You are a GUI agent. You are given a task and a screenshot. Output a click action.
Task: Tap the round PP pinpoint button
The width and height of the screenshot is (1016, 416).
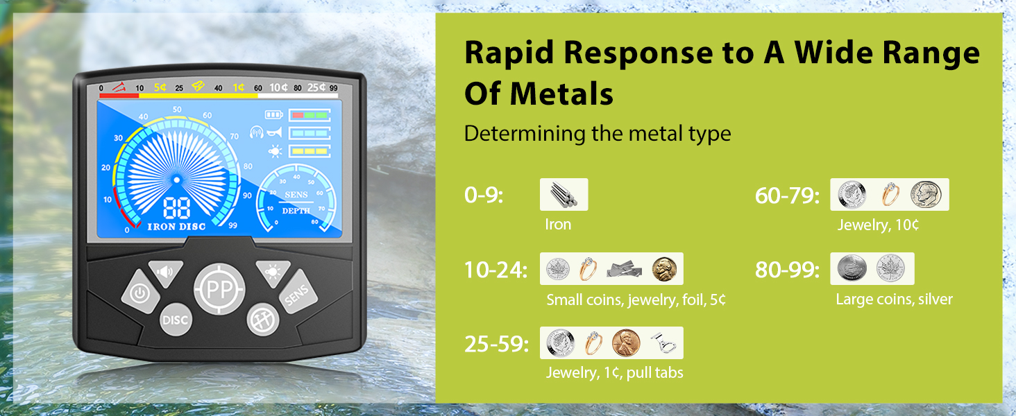(x=219, y=289)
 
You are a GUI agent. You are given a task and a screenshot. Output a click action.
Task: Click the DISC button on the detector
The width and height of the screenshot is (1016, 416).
(x=176, y=320)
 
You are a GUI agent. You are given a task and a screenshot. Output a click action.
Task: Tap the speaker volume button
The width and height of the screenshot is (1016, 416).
(x=166, y=272)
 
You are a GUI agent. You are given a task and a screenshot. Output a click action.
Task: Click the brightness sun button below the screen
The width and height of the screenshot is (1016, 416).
(x=273, y=272)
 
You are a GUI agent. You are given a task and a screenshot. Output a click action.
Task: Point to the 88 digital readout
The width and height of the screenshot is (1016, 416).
(x=177, y=209)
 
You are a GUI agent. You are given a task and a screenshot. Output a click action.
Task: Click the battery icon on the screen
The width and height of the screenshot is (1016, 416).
(x=274, y=114)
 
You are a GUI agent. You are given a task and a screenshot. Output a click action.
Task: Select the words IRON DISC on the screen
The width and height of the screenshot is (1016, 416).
(x=176, y=227)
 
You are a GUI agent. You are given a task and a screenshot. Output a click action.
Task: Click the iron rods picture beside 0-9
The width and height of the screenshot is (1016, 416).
(x=564, y=194)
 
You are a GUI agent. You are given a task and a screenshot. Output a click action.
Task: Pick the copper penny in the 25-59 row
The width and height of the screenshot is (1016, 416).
(x=626, y=343)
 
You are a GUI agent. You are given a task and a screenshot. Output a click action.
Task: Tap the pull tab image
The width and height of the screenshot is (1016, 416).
(x=663, y=343)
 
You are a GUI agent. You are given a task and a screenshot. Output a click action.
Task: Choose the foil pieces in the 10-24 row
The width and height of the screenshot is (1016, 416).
(x=624, y=269)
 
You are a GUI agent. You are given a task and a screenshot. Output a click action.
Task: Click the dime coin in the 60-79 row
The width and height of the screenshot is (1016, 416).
(x=926, y=195)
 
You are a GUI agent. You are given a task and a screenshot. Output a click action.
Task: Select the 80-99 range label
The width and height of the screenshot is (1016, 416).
(x=787, y=270)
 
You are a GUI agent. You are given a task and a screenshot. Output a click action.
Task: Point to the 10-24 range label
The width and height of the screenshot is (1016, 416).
(x=496, y=270)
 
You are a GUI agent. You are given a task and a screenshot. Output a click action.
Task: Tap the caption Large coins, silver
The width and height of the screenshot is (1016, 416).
(x=894, y=299)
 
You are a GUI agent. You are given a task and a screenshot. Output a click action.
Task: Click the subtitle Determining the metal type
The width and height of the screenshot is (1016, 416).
(x=598, y=134)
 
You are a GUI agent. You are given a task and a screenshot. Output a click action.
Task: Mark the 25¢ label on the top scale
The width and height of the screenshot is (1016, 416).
(x=316, y=87)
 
